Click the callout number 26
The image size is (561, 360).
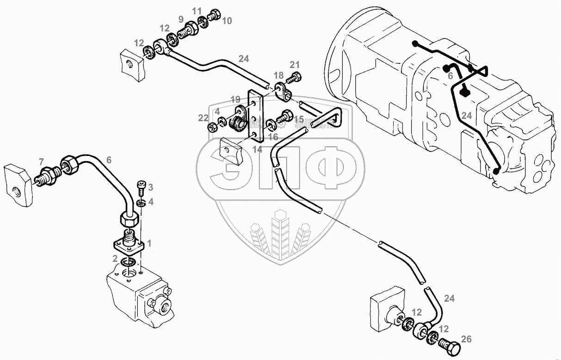[x=466, y=340]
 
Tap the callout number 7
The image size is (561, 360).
[x=41, y=161]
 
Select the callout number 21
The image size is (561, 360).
[x=295, y=64]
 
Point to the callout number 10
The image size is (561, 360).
[x=227, y=20]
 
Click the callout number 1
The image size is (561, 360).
[x=149, y=242]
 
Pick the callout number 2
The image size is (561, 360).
[x=115, y=258]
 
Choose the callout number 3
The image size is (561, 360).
[x=150, y=186]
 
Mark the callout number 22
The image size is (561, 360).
[x=203, y=118]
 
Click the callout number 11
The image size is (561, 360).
[x=197, y=11]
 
